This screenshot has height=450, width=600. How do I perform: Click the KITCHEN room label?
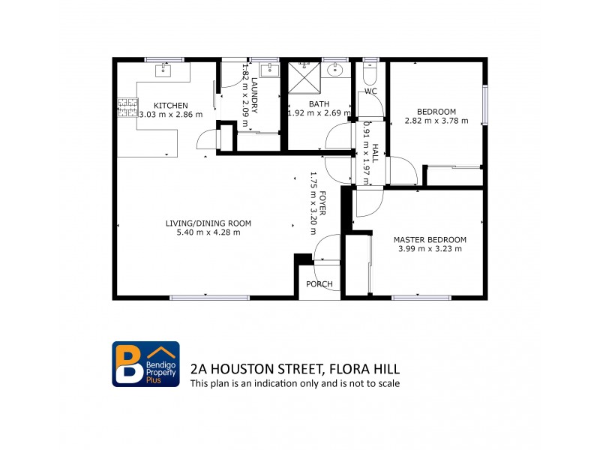tap(171, 105)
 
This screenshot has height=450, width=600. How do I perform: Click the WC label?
tap(370, 91)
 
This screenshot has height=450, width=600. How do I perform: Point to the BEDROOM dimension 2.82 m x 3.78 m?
tap(436, 120)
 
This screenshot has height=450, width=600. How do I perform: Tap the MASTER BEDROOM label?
tap(427, 240)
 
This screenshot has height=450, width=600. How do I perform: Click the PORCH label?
tap(319, 284)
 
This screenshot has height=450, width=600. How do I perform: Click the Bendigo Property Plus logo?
tap(145, 364)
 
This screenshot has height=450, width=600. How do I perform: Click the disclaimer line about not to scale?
tap(295, 383)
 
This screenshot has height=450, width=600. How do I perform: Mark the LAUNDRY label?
tap(255, 95)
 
